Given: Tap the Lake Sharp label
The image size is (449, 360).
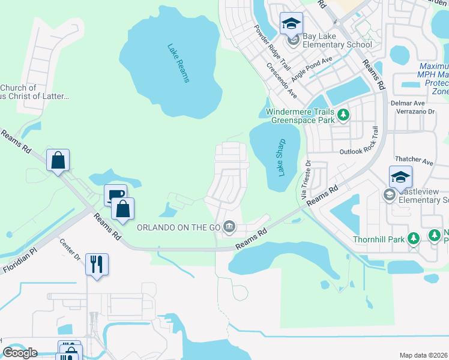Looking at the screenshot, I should pyautogui.click(x=282, y=157).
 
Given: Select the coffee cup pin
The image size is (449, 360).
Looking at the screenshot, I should pyautogui.click(x=115, y=195).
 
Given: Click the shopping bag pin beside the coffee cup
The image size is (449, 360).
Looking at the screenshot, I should pyautogui.click(x=122, y=209).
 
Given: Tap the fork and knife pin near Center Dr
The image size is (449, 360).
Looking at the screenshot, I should pyautogui.click(x=97, y=263).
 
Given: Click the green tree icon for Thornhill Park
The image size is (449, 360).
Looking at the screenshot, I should pyautogui.click(x=413, y=239).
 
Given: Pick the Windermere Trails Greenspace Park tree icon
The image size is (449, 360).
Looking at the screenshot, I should pyautogui.click(x=343, y=114).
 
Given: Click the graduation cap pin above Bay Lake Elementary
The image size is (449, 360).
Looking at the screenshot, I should pyautogui.click(x=292, y=24).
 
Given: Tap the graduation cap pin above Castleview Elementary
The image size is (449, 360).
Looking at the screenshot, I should pyautogui.click(x=400, y=177).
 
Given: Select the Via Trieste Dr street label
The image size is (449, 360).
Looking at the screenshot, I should pyautogui.click(x=306, y=180).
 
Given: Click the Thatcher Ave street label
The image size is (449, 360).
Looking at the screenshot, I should pyautogui.click(x=415, y=161).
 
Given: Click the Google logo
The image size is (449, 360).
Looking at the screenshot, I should pyautogui.click(x=20, y=353).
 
